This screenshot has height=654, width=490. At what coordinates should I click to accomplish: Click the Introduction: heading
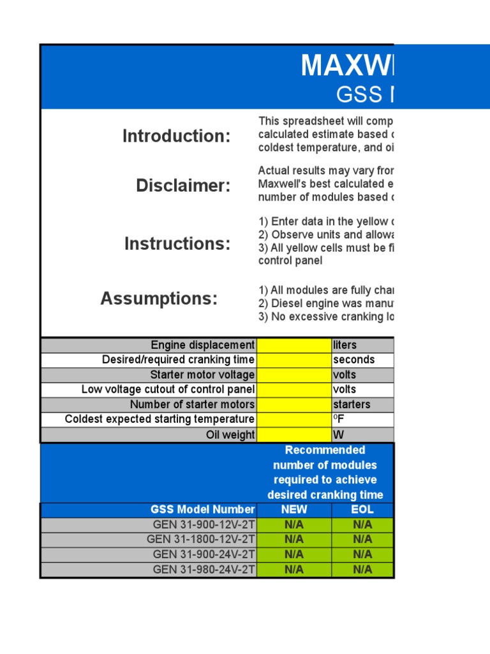[177, 136]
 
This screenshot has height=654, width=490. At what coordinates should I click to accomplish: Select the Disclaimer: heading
[183, 186]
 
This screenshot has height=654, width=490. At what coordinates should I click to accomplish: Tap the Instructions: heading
[177, 243]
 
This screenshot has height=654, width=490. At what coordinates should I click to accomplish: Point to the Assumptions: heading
[159, 298]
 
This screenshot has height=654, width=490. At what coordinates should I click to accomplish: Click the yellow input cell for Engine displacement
[293, 345]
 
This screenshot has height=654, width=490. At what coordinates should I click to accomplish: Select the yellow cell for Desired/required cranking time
[293, 360]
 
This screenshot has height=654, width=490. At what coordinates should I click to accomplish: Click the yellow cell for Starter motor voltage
[293, 375]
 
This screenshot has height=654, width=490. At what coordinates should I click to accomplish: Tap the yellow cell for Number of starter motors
[293, 404]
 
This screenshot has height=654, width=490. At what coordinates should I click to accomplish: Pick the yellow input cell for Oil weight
[293, 435]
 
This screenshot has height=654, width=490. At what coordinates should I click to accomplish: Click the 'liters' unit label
[345, 345]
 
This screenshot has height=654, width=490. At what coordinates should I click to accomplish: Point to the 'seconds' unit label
[353, 360]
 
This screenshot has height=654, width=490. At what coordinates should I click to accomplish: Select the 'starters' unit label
[351, 404]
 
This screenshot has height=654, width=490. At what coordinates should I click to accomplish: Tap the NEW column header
[293, 510]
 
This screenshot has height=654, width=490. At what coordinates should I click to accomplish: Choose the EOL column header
[362, 510]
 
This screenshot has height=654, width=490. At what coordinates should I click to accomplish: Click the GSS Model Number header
[202, 510]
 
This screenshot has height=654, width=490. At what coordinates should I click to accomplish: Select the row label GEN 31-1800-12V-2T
[201, 539]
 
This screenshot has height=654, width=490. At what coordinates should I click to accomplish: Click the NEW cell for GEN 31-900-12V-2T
[293, 524]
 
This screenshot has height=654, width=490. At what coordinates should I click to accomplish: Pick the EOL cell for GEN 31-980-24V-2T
[362, 569]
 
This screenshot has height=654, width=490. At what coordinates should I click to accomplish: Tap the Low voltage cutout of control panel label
[168, 390]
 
